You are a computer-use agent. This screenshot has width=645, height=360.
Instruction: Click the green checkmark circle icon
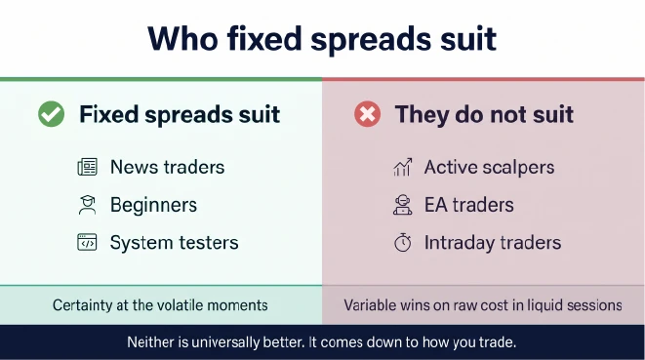click(52, 114)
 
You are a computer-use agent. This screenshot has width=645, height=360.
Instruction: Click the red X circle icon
click(367, 114)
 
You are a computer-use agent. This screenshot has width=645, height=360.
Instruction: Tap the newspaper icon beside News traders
click(87, 167)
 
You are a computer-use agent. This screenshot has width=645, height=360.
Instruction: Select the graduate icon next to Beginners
click(87, 205)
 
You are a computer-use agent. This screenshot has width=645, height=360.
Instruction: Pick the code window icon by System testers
click(87, 242)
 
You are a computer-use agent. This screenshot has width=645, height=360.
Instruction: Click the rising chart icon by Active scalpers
click(403, 167)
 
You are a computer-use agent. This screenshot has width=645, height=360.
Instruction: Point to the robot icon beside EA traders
click(403, 205)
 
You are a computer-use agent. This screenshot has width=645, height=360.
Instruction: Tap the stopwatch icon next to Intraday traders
click(403, 242)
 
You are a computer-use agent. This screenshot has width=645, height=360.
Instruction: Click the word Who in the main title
click(183, 39)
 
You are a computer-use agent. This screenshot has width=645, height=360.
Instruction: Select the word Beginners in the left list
click(153, 205)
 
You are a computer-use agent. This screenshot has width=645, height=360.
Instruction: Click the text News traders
click(168, 167)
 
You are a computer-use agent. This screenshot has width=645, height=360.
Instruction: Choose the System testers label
click(174, 243)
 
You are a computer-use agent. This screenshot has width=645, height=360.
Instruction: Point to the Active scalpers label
click(489, 168)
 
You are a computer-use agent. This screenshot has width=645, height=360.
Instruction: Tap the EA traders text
click(469, 205)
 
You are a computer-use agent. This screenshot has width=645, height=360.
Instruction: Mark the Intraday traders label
click(493, 243)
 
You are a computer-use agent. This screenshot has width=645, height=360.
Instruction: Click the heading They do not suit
click(484, 114)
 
